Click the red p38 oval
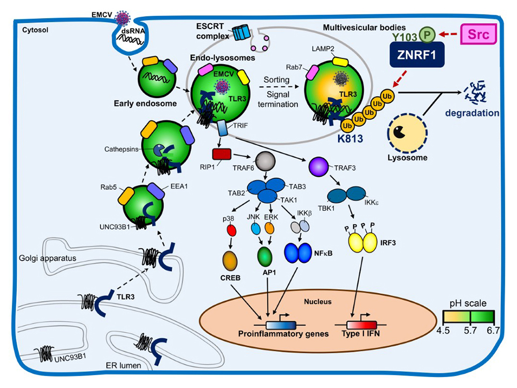(x=232, y=229)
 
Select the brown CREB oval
(x=231, y=259)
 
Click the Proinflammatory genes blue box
(x=281, y=324)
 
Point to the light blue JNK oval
(x=255, y=228)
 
